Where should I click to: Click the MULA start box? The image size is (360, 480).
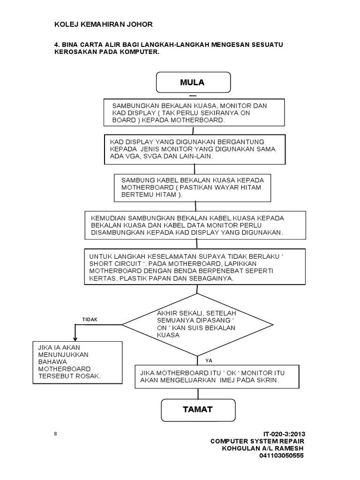pyautogui.click(x=194, y=82)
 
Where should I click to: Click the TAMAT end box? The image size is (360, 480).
pyautogui.click(x=198, y=410)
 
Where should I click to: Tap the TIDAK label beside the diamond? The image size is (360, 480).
pyautogui.click(x=90, y=319)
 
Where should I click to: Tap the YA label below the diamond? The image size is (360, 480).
pyautogui.click(x=209, y=361)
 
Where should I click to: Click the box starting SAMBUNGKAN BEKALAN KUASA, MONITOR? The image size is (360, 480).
pyautogui.click(x=194, y=113)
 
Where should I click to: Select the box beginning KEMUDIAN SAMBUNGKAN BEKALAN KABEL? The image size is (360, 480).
pyautogui.click(x=195, y=225)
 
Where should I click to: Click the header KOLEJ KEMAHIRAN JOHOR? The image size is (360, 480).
pyautogui.click(x=104, y=24)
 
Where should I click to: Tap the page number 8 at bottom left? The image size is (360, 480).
pyautogui.click(x=55, y=434)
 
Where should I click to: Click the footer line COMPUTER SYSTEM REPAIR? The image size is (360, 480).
pyautogui.click(x=257, y=442)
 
